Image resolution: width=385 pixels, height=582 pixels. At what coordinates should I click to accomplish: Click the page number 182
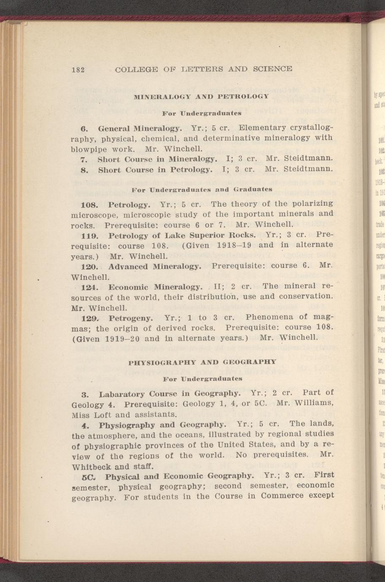click(78, 69)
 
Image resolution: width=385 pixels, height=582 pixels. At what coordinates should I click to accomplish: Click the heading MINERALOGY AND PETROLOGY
click(201, 97)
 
